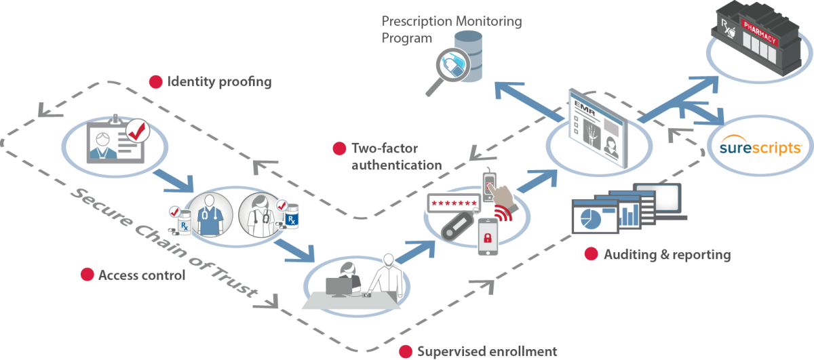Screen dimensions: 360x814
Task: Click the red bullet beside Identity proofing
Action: [x=155, y=82]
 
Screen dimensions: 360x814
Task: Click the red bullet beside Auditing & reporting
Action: [x=590, y=255]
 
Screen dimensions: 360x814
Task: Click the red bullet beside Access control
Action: [x=87, y=275]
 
